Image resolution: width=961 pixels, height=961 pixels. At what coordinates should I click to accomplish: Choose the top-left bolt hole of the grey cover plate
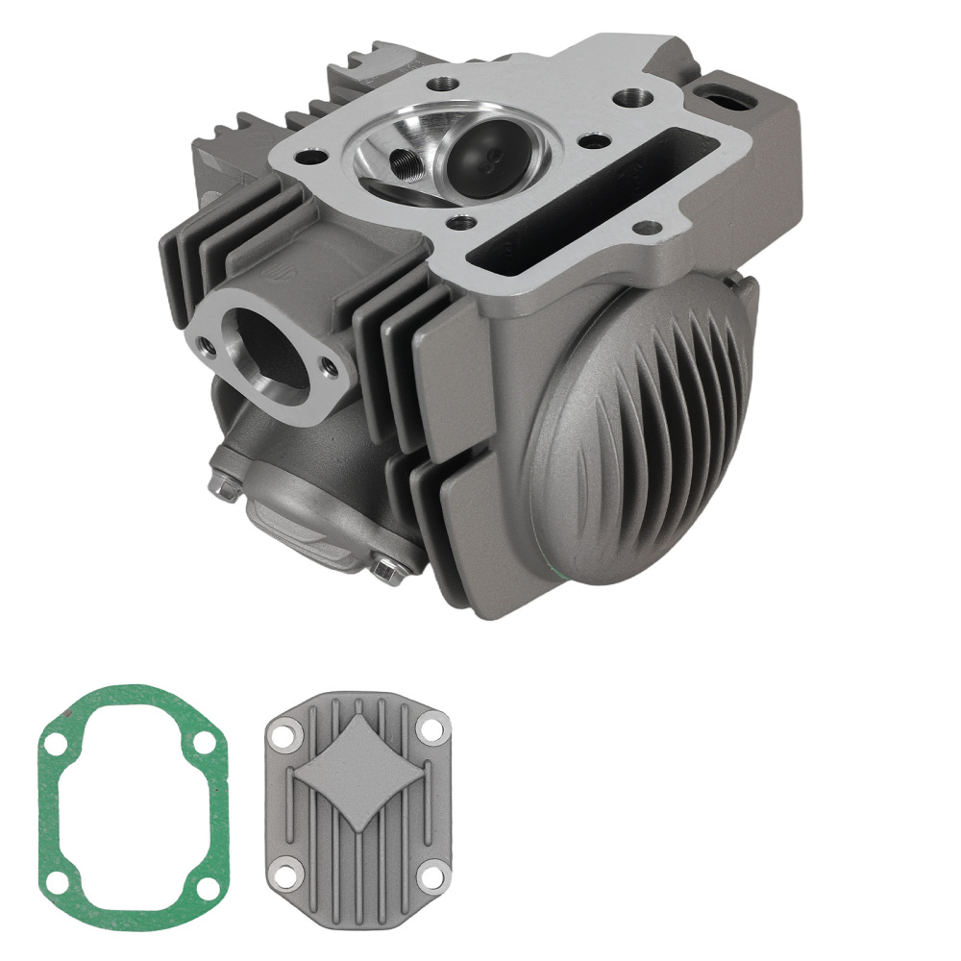coord(283,736)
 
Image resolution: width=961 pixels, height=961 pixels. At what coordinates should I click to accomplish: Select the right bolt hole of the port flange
coord(331,365)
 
